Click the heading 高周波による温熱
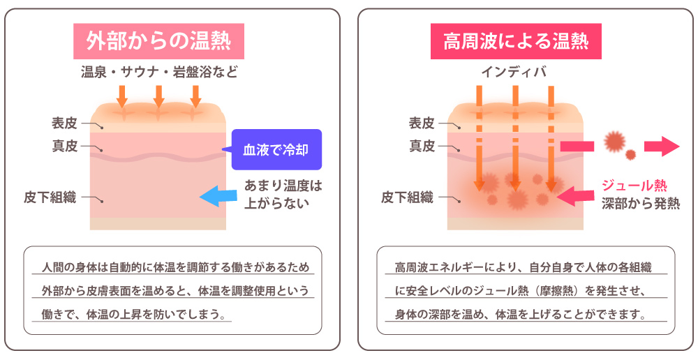click(x=516, y=41)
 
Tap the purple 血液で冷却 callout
click(x=276, y=149)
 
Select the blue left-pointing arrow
click(x=216, y=197)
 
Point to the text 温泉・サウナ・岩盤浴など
click(x=159, y=72)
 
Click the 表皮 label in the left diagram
click(x=64, y=123)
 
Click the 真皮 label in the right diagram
click(x=422, y=146)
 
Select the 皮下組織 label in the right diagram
click(x=407, y=197)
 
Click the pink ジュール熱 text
click(x=634, y=186)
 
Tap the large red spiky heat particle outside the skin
click(x=614, y=142)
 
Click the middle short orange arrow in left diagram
click(x=158, y=96)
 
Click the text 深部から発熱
click(x=640, y=202)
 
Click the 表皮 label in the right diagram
click(x=422, y=123)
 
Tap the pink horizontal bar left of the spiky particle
click(x=577, y=146)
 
